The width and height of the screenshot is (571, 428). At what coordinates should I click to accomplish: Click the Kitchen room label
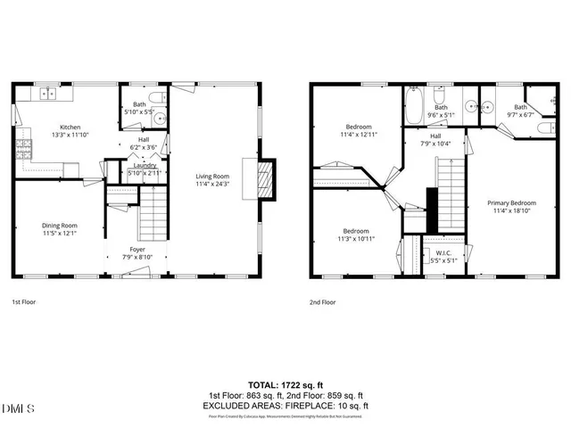[x=70, y=127]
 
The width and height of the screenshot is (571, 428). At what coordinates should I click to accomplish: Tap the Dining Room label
[x=60, y=226]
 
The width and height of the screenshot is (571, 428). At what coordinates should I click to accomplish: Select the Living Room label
[x=213, y=177]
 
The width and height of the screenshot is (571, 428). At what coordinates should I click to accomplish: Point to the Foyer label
[x=137, y=249]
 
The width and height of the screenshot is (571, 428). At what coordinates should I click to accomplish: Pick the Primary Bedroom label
[x=511, y=202]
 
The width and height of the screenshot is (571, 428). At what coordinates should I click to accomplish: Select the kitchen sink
[x=47, y=92]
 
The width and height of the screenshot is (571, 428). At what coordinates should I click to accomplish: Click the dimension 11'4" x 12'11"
[x=360, y=134]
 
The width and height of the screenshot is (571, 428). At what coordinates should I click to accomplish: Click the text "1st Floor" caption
[x=24, y=302]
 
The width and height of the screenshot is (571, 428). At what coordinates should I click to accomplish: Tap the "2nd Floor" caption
[x=323, y=302]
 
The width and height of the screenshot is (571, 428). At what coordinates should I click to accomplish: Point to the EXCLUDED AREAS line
[x=285, y=406]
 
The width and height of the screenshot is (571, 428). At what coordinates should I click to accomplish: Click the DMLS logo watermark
[x=18, y=408]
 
